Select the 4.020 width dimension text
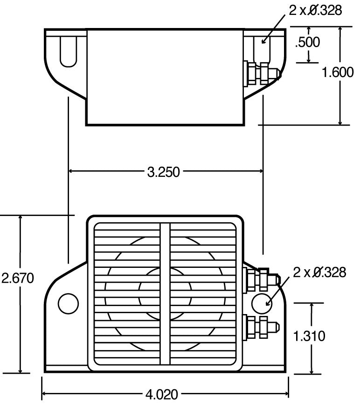tap(162, 395)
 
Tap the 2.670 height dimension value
tap(18, 279)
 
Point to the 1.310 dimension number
tap(309, 336)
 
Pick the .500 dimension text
tap(308, 42)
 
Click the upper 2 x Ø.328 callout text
tap(316, 10)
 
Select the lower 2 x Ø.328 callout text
tap(319, 272)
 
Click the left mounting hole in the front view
tap(68, 303)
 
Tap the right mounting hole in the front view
tap(261, 303)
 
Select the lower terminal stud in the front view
tap(261, 325)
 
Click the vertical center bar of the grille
tap(165, 294)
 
